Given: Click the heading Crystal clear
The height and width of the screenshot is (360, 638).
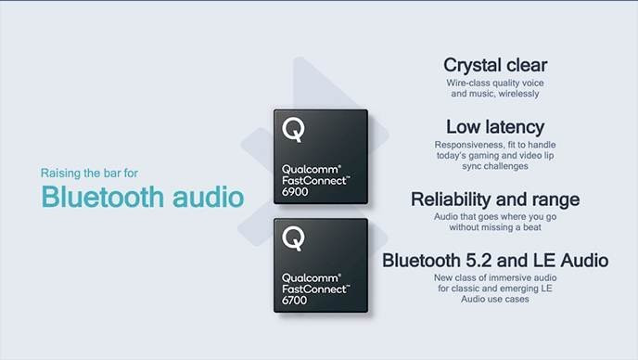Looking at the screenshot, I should coord(494,65).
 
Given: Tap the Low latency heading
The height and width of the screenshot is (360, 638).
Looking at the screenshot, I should coord(494,127).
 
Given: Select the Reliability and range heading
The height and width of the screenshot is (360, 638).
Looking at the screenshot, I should coord(494,199).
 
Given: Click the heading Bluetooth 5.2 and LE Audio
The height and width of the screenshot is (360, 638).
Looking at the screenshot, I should coord(495,260).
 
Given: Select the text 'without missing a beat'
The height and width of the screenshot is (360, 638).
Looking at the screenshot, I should coord(494,226).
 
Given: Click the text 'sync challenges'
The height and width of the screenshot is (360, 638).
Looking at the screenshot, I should coord(494,167).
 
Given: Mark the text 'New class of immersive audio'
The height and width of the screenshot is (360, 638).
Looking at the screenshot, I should coord(494,277).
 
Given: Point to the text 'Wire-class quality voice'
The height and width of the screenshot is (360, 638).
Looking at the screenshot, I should coord(494,83).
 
